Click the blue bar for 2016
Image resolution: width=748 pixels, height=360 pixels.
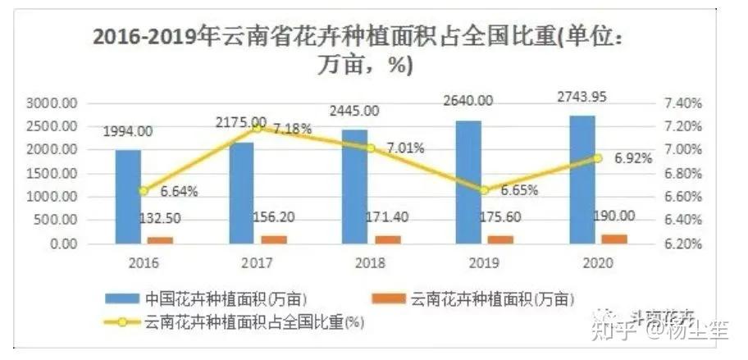(128, 197)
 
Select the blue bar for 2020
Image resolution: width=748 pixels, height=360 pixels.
(582, 180)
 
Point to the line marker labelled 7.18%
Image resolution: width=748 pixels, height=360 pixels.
(257, 128)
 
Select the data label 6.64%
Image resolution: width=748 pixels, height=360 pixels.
(179, 192)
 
